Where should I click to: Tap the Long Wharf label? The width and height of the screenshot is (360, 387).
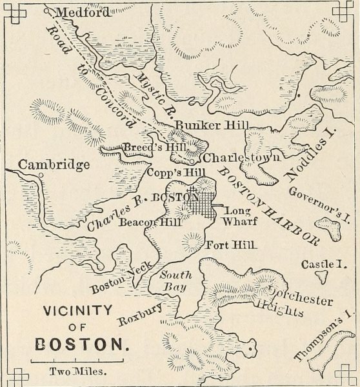(239, 215)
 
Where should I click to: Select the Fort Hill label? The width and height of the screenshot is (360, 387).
(231, 245)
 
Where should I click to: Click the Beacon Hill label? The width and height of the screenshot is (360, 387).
(143, 223)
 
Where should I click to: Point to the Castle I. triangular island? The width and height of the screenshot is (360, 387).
(320, 275)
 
